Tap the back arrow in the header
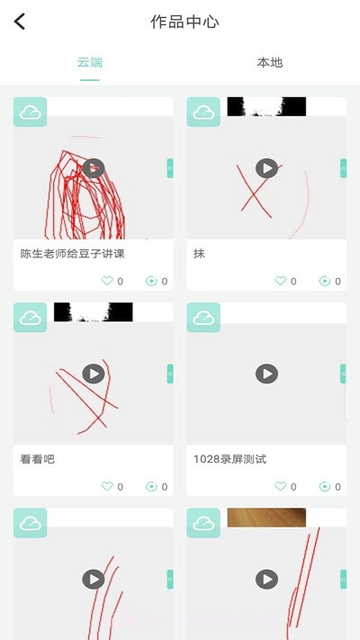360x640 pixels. (20, 22)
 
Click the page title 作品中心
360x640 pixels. (184, 22)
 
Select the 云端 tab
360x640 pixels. (90, 63)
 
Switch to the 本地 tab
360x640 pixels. (269, 63)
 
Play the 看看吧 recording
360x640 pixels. (94, 374)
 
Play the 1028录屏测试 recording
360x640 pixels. (266, 374)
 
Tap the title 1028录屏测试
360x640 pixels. (229, 459)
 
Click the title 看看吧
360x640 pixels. (37, 459)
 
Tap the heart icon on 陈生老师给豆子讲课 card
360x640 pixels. (107, 281)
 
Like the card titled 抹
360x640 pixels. (280, 281)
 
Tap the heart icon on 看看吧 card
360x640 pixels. (107, 486)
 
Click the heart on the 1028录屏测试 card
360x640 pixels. (280, 486)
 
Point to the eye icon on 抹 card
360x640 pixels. (325, 281)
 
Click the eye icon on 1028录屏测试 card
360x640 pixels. (325, 486)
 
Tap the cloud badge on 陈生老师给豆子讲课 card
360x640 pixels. (30, 113)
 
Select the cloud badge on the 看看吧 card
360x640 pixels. (30, 318)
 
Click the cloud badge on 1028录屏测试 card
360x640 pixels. (203, 318)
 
